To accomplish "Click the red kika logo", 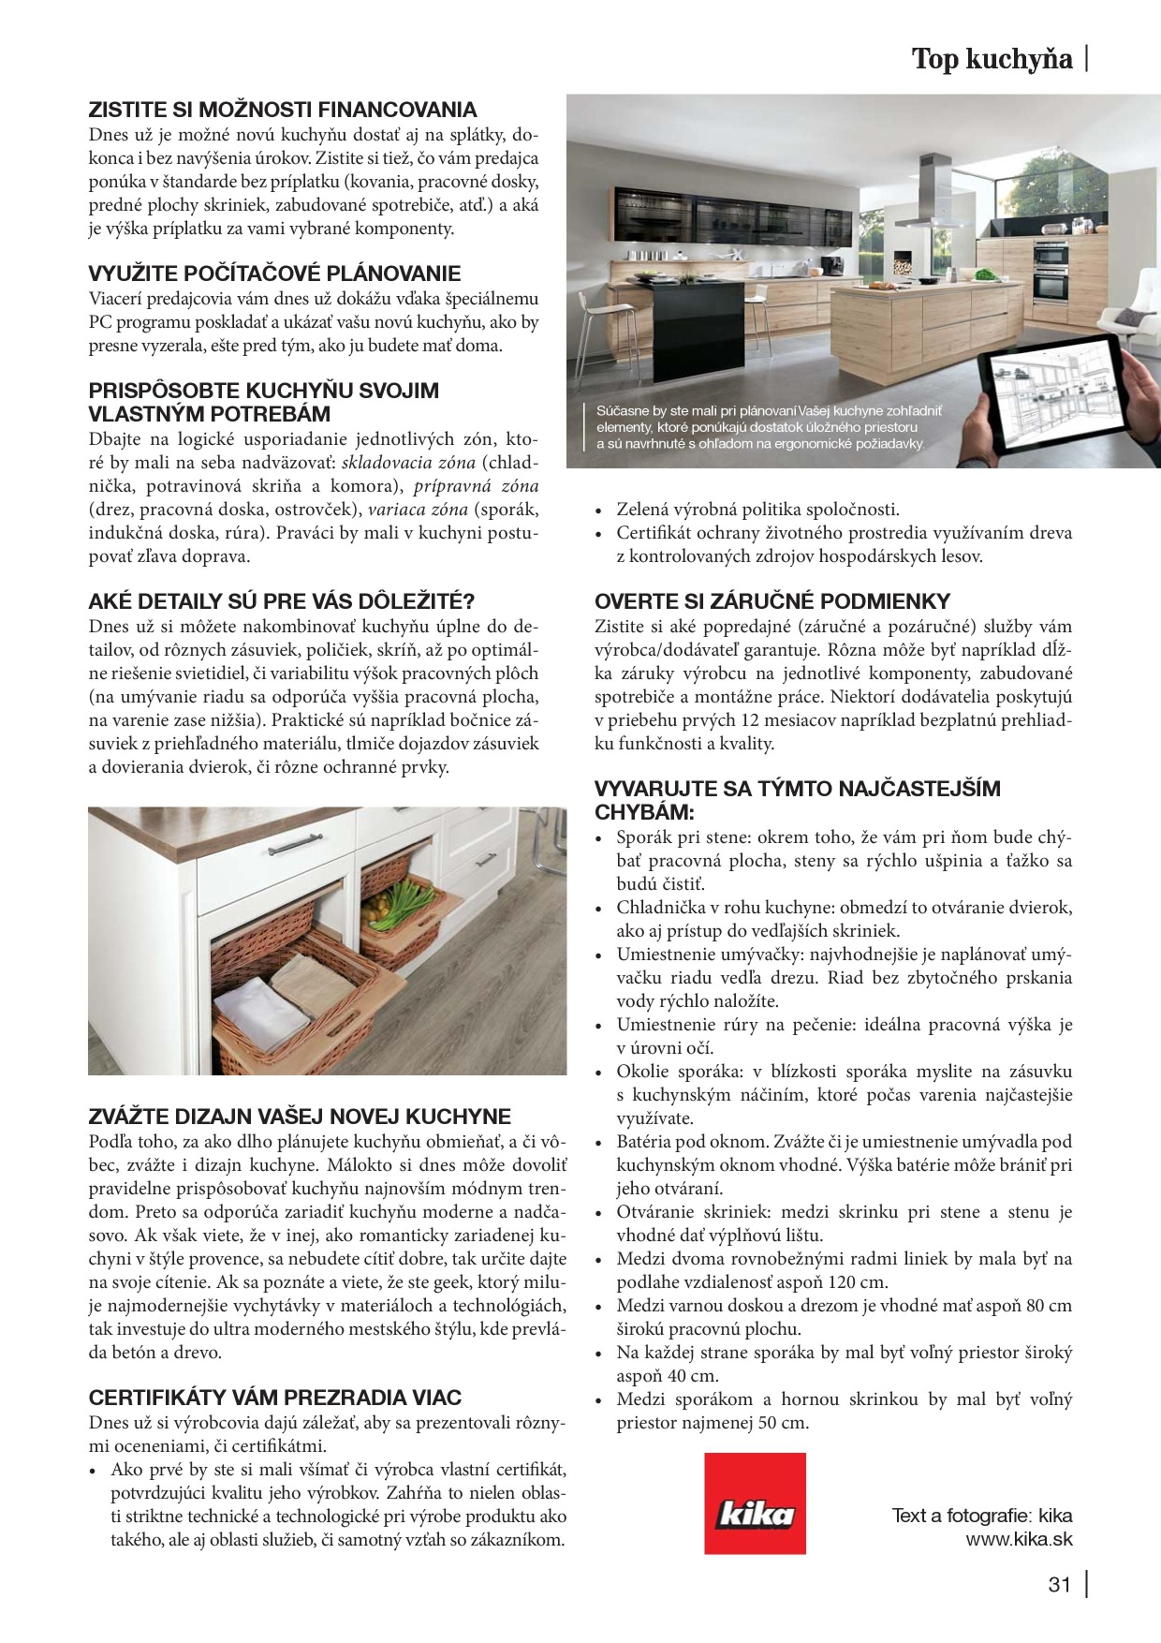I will (755, 1503).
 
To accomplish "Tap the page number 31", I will (1059, 1585).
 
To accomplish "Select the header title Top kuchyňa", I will (992, 60).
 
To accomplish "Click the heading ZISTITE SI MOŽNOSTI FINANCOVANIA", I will (283, 110).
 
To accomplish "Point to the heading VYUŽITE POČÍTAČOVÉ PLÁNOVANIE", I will (274, 274).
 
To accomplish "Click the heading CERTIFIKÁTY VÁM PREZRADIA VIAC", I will (275, 1398).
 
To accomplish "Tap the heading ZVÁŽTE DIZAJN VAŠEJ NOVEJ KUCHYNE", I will (300, 1117).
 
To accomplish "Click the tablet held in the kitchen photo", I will (1052, 397).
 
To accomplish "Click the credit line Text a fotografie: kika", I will (981, 1516).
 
